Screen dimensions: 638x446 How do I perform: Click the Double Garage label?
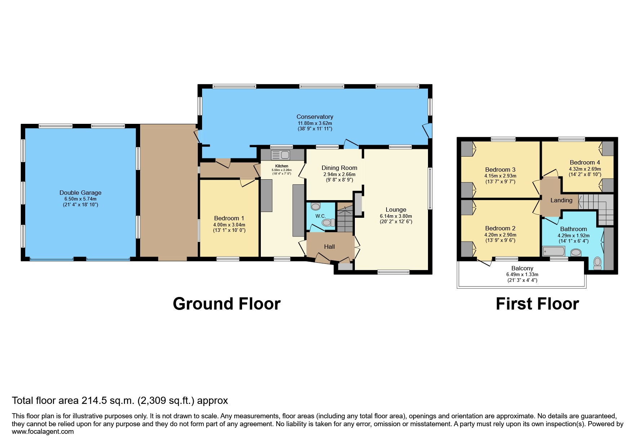[x=80, y=193]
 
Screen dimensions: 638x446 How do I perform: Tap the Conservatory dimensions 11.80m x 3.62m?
[x=314, y=123]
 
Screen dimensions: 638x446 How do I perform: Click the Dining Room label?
[x=339, y=168]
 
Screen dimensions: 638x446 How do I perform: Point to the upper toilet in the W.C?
[x=316, y=207]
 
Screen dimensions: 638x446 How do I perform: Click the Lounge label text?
[x=396, y=210]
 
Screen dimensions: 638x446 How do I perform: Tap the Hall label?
[x=329, y=247]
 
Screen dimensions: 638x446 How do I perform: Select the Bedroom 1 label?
[x=229, y=218]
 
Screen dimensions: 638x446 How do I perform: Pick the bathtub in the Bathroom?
[x=555, y=251]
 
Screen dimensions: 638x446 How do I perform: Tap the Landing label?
[x=561, y=201]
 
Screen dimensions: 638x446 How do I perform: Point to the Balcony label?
[x=522, y=268]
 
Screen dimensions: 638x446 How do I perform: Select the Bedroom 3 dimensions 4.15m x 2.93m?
[x=500, y=176]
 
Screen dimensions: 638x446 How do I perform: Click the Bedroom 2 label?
[x=500, y=228]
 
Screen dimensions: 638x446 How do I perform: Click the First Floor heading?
[x=537, y=304]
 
